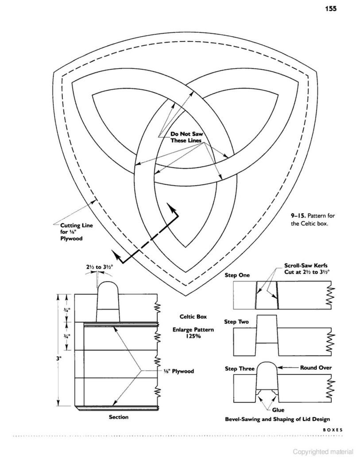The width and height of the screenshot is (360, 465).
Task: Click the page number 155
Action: pyautogui.click(x=331, y=8)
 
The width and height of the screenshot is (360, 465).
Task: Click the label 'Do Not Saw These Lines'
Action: pyautogui.click(x=186, y=137)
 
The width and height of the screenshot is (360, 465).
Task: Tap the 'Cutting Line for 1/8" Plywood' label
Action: pyautogui.click(x=77, y=232)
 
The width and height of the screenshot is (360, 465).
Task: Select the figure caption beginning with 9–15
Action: pyautogui.click(x=309, y=220)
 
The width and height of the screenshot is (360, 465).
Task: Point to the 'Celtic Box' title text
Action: pyautogui.click(x=193, y=317)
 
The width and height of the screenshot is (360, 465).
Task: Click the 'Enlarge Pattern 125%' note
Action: pyautogui.click(x=193, y=333)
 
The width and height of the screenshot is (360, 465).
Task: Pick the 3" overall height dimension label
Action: pyautogui.click(x=58, y=358)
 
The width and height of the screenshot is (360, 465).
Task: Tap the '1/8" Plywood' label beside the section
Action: pyautogui.click(x=178, y=371)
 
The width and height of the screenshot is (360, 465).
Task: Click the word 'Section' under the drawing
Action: pyautogui.click(x=119, y=417)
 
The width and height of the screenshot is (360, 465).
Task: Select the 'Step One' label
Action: pyautogui.click(x=237, y=275)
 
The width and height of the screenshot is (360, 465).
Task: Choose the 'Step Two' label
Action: pyautogui.click(x=236, y=322)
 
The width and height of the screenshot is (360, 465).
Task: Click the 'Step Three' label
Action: pyautogui.click(x=240, y=368)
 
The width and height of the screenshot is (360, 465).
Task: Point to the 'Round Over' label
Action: pyautogui.click(x=316, y=368)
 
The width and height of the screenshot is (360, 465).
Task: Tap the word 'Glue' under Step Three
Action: pyautogui.click(x=278, y=410)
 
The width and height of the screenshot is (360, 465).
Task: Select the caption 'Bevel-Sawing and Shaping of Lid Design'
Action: pyautogui.click(x=278, y=419)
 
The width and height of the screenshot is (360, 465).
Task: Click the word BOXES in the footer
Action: pyautogui.click(x=333, y=430)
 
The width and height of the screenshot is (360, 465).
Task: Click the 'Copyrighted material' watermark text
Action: pyautogui.click(x=323, y=452)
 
